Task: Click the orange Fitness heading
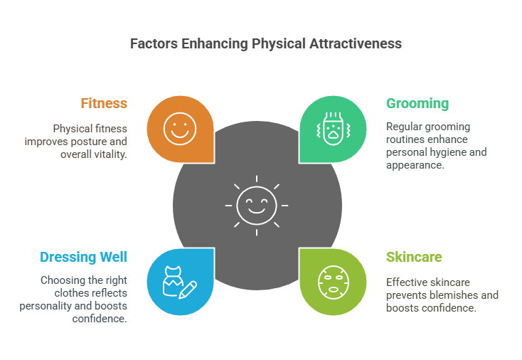(104, 103)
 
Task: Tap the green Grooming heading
(417, 104)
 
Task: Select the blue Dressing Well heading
(83, 257)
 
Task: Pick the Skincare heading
(414, 257)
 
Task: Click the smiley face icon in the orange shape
(180, 129)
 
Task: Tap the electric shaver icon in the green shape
(333, 129)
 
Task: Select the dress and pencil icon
(180, 282)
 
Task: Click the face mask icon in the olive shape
(333, 282)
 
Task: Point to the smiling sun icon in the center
(257, 206)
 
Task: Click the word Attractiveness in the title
(356, 43)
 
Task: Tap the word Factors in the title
(154, 43)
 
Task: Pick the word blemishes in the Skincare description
(454, 295)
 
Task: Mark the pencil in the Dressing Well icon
(188, 290)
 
